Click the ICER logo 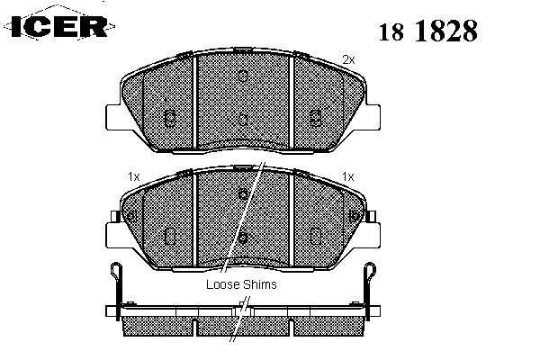coord(59,25)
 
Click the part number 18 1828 coord(428,31)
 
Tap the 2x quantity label coord(348,60)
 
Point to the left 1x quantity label coord(133,176)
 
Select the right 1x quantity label coord(347,176)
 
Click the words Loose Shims coord(241,284)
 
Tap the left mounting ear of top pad coord(114,117)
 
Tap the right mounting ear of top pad coord(372,117)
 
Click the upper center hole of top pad coord(243,76)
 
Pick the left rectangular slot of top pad coord(170,118)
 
